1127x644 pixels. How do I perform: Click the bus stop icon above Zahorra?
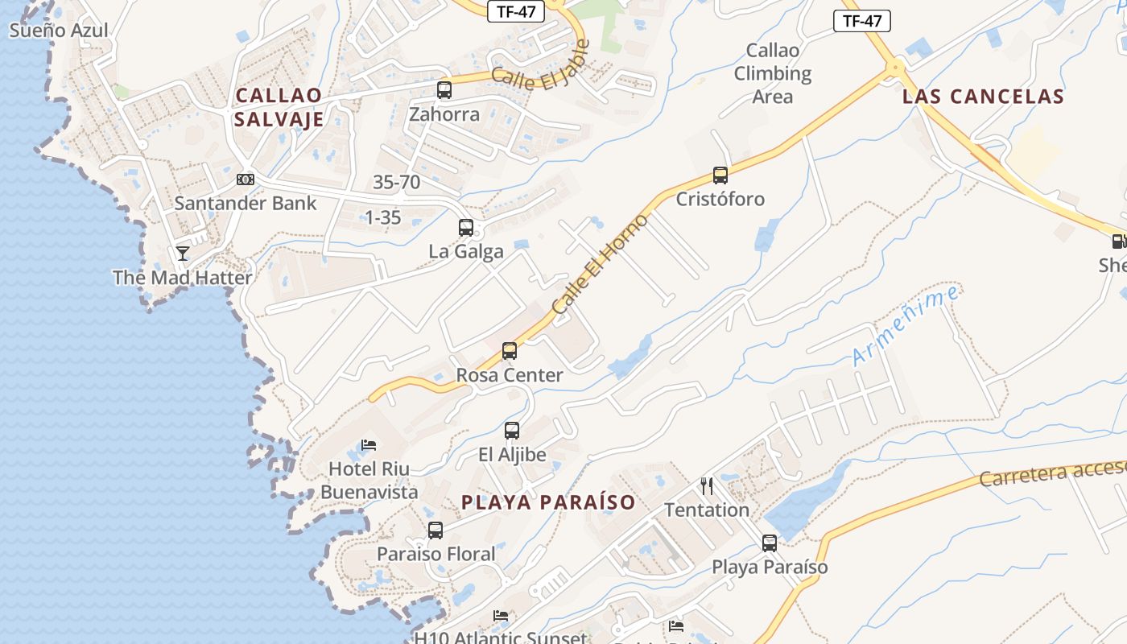[x=444, y=90]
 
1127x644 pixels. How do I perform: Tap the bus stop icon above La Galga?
[x=466, y=228]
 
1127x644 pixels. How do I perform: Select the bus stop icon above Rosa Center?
[x=510, y=351]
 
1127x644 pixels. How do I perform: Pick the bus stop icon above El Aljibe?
[x=512, y=431]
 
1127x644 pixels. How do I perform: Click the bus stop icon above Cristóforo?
[x=720, y=175]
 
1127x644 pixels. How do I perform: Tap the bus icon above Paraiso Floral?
[x=436, y=530]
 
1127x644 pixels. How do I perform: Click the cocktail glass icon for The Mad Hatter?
[x=183, y=254]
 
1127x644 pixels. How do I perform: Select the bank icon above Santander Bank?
[x=246, y=180]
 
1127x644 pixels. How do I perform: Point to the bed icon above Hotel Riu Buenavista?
[x=369, y=444]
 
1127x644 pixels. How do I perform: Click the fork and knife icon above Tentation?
[x=707, y=485]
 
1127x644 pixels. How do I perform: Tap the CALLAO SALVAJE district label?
[x=279, y=107]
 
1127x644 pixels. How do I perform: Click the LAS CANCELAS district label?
[x=983, y=97]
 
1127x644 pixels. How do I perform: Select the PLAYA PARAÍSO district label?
[x=548, y=502]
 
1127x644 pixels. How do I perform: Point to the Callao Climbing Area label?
[x=773, y=73]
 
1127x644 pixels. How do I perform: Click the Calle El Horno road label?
[x=600, y=264]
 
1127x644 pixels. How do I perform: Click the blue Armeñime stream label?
[x=906, y=326]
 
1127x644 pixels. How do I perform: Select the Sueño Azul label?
[x=58, y=31]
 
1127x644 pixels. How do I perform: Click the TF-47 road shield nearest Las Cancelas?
[x=861, y=21]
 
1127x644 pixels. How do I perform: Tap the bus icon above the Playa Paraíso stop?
[x=770, y=543]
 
